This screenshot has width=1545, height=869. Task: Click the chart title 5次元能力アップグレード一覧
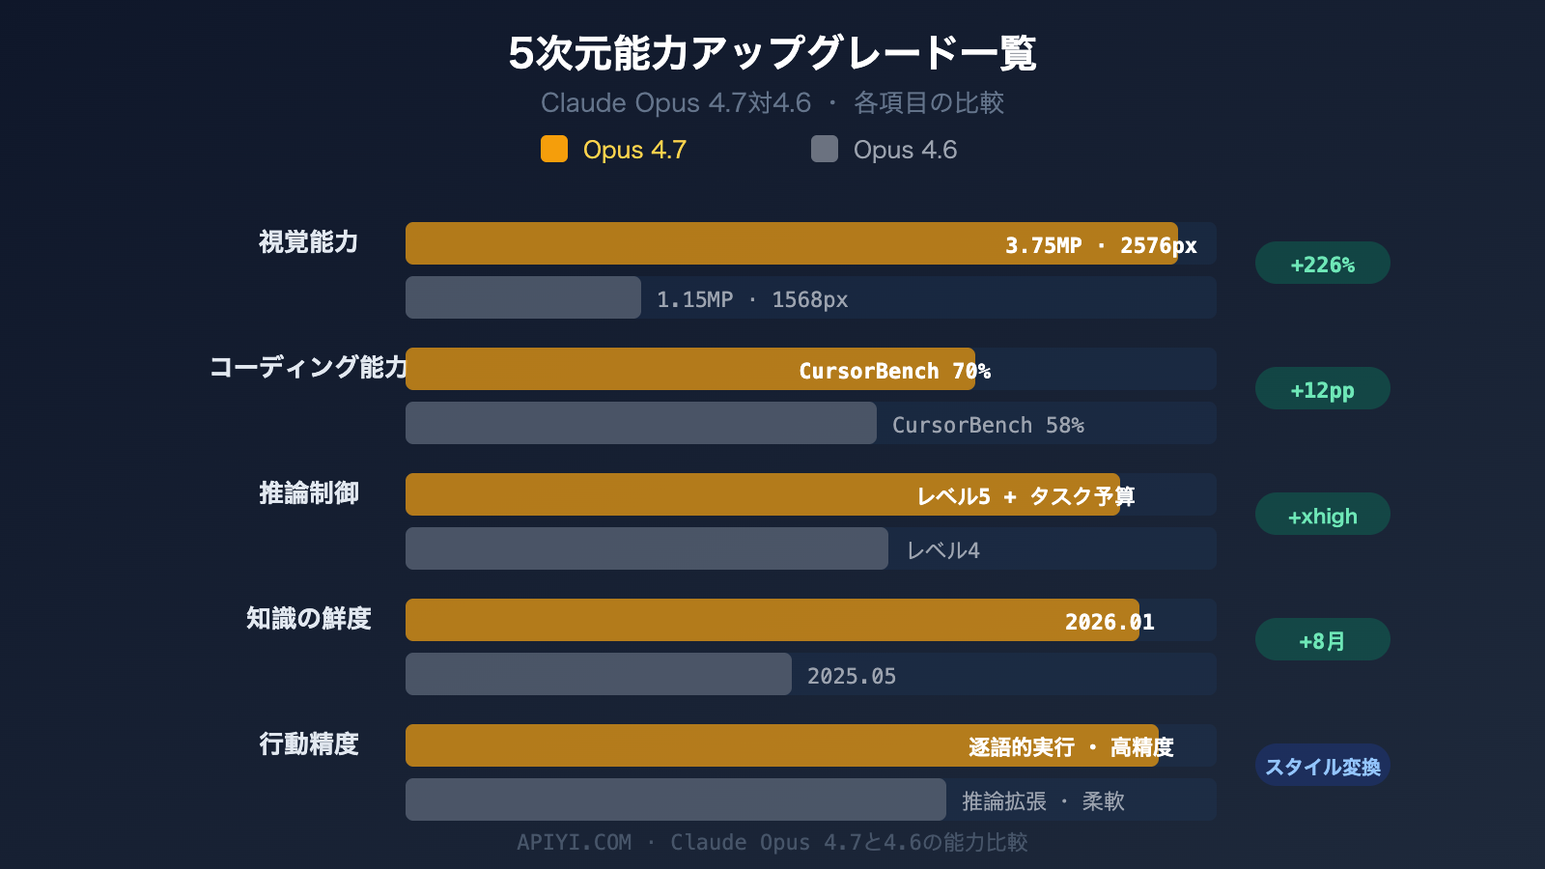(x=772, y=53)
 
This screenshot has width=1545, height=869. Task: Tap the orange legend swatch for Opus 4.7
(x=554, y=149)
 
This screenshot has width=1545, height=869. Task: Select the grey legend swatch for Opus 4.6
(x=825, y=149)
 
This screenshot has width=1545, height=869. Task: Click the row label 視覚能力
(x=308, y=241)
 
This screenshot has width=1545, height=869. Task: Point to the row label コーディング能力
(x=309, y=367)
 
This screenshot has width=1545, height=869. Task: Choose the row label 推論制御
(x=308, y=492)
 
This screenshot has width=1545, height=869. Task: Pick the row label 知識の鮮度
(x=308, y=618)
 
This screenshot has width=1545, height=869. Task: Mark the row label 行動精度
(x=308, y=743)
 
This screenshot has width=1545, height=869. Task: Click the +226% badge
(x=1322, y=264)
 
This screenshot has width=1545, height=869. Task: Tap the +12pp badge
(x=1322, y=389)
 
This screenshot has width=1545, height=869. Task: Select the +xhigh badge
(x=1322, y=515)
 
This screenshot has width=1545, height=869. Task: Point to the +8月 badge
(x=1322, y=640)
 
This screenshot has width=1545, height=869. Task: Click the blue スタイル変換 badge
(x=1322, y=766)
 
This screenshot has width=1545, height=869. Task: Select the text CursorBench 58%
(x=987, y=425)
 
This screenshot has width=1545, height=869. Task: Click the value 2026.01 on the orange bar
(x=1109, y=622)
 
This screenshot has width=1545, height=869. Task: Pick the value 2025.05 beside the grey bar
(x=851, y=676)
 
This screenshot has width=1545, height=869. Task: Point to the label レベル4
(x=942, y=550)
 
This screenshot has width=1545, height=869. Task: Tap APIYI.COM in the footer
(x=574, y=842)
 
